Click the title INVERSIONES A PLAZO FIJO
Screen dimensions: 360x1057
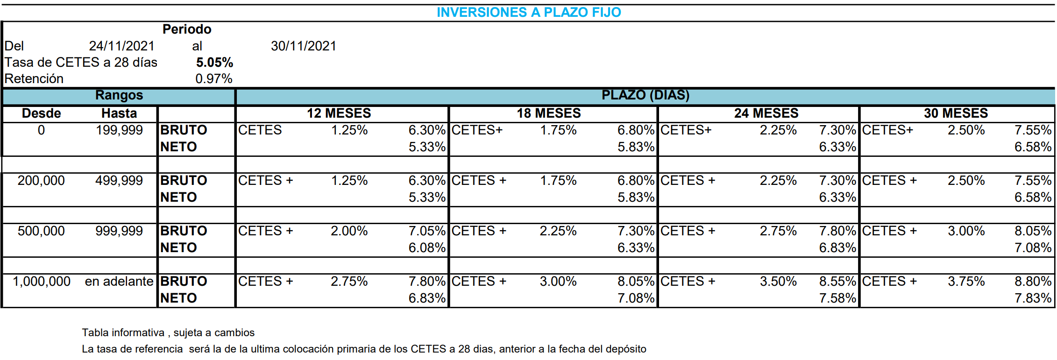(x=529, y=12)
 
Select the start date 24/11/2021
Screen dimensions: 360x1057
(x=121, y=46)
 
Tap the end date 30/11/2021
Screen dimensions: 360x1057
(x=304, y=46)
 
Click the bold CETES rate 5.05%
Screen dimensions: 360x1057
(x=214, y=62)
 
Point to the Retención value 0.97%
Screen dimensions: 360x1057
(x=213, y=78)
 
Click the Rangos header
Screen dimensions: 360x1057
(x=119, y=95)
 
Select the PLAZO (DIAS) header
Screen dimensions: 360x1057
(x=645, y=95)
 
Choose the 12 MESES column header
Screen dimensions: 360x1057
(x=339, y=113)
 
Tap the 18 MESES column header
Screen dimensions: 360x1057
(x=548, y=113)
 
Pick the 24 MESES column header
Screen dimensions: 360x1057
(x=766, y=113)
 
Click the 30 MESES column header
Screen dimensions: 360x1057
(x=956, y=113)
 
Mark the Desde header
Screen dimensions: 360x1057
(x=41, y=113)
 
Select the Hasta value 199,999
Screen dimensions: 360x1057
(x=119, y=130)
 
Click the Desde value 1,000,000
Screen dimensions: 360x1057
(x=42, y=282)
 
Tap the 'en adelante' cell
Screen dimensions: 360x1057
(x=119, y=282)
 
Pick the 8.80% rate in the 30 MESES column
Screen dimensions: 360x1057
(x=1032, y=282)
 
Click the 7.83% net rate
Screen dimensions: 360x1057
(x=1032, y=298)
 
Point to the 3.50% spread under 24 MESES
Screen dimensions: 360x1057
(x=778, y=282)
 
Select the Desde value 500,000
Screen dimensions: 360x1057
(x=41, y=231)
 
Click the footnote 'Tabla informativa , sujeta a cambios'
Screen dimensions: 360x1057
(x=168, y=332)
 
